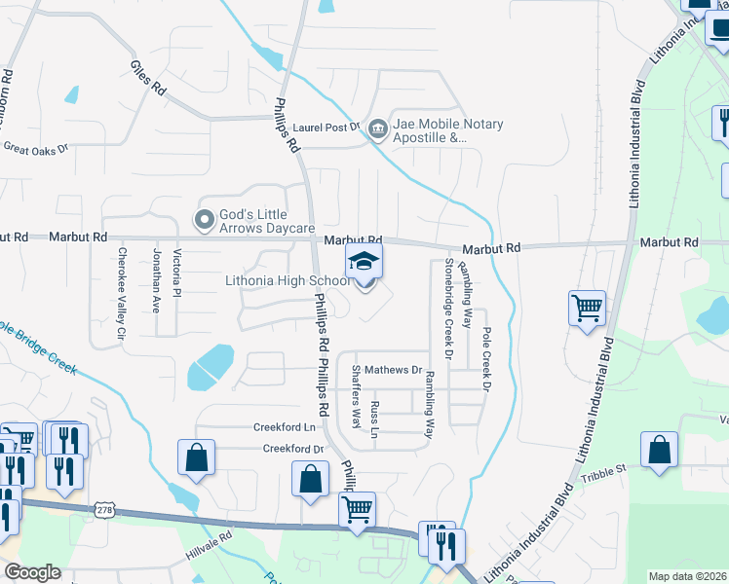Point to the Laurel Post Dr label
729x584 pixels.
[x=326, y=127]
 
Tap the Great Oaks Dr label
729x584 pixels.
[x=37, y=149]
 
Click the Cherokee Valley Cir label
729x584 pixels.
[x=122, y=293]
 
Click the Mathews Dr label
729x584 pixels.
[x=401, y=370]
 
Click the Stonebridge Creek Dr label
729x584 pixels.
[x=448, y=307]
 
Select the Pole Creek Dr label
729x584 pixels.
[x=484, y=346]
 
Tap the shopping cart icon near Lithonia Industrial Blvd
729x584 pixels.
[x=587, y=309]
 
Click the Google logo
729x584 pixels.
[x=32, y=572]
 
